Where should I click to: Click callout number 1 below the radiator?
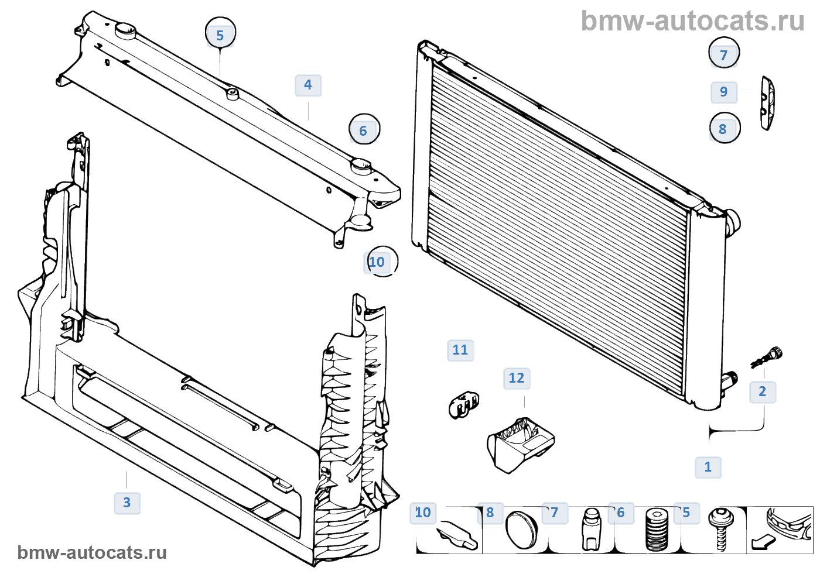coord(708,467)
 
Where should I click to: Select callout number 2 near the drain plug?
coord(762,391)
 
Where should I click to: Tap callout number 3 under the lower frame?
coord(127,503)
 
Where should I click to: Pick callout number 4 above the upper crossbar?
coord(307,85)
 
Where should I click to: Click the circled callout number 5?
coord(220,35)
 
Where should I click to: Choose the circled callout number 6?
coord(364,130)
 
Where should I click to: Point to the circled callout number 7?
coord(724,54)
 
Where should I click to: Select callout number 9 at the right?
coord(724,92)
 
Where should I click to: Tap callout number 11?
coord(460,350)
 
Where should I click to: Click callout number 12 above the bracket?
coord(516,378)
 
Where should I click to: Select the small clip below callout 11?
coord(463,404)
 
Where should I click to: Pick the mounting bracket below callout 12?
coord(519,443)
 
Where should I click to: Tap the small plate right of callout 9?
coord(767,102)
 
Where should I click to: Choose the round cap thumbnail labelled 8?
coord(521,530)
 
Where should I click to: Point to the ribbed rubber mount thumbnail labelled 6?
coord(657,530)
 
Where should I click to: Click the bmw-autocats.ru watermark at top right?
coord(692,21)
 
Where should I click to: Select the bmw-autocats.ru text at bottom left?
coord(92,552)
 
